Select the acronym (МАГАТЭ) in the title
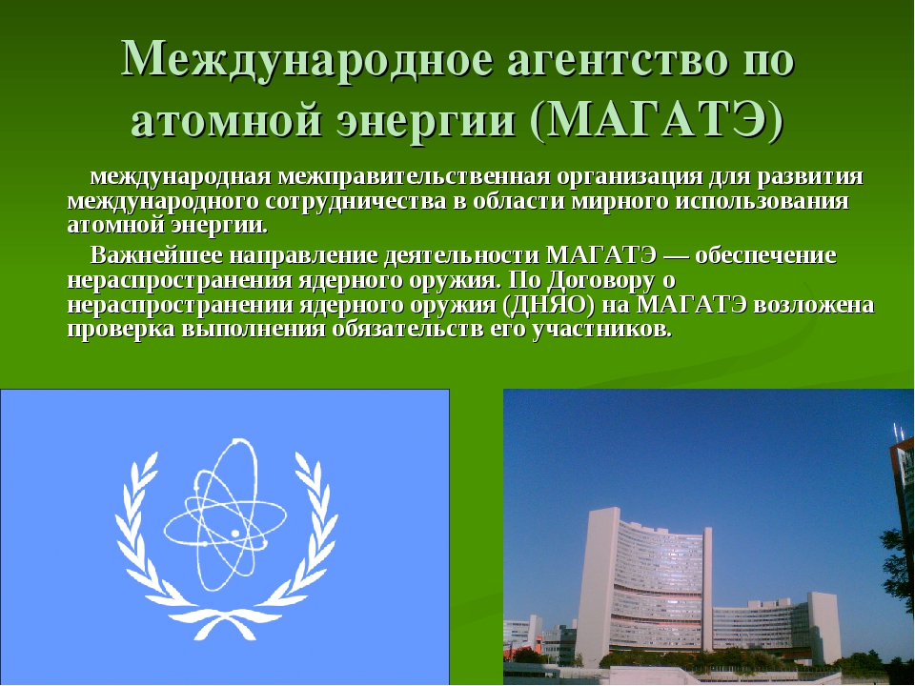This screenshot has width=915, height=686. [x=657, y=121]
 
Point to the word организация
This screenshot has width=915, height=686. [x=630, y=177]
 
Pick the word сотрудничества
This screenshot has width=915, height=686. [x=356, y=201]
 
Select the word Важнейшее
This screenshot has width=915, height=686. [x=156, y=255]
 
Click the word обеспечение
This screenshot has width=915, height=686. [x=766, y=255]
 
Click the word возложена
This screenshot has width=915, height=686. [x=814, y=305]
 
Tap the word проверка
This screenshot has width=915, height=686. [x=121, y=329]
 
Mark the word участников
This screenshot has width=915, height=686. [x=602, y=330]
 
